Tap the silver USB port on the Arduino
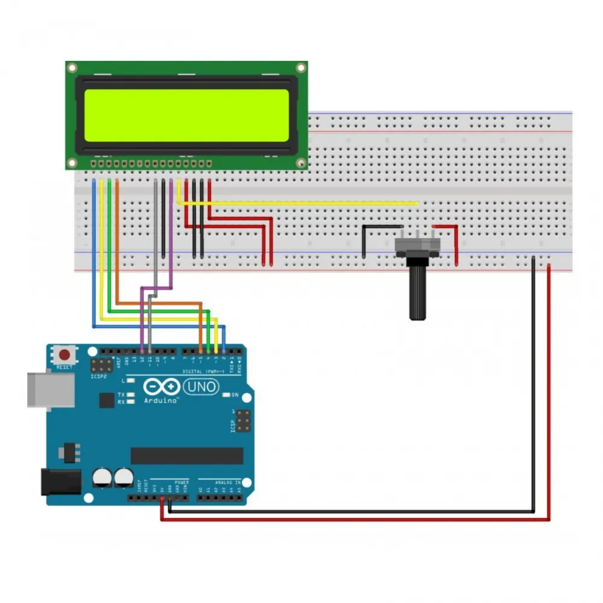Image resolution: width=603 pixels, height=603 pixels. [x=51, y=390]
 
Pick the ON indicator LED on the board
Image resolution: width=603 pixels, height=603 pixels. [x=226, y=395]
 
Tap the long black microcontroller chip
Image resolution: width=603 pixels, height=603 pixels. [x=187, y=456]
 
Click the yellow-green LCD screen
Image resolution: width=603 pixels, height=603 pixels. [x=186, y=115]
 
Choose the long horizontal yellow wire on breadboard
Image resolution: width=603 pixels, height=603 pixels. [x=301, y=204]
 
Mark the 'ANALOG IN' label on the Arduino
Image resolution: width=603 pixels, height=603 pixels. [x=229, y=482]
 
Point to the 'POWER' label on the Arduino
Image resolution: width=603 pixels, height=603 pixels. [x=182, y=482]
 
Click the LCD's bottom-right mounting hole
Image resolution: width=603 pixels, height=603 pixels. [x=300, y=162]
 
